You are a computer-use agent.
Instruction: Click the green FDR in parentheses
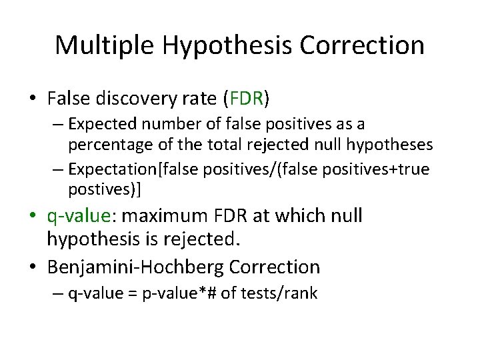pyautogui.click(x=247, y=99)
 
